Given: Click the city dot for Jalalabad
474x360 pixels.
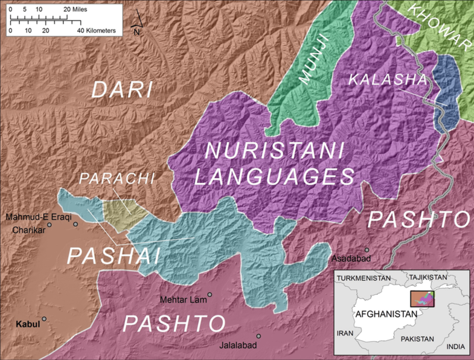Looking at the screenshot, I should pyautogui.click(x=258, y=336).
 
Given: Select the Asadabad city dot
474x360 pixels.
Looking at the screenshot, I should pyautogui.click(x=366, y=249).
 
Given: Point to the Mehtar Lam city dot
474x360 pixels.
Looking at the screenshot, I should pyautogui.click(x=210, y=295).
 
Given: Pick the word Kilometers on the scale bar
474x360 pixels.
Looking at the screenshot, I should pyautogui.click(x=100, y=30).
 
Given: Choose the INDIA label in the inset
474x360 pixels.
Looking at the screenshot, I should pyautogui.click(x=456, y=347).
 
